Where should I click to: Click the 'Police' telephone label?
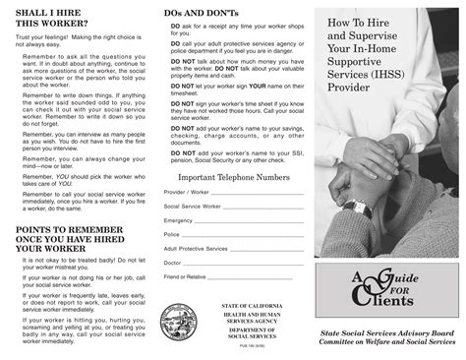pyautogui.click(x=172, y=235)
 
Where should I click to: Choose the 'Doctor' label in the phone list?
pyautogui.click(x=173, y=263)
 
